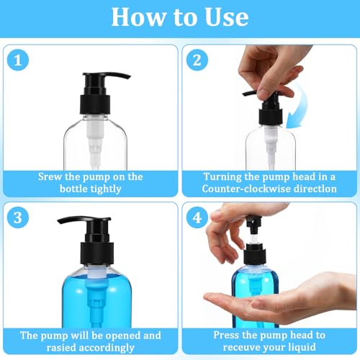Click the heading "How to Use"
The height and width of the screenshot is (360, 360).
point(180,17)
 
